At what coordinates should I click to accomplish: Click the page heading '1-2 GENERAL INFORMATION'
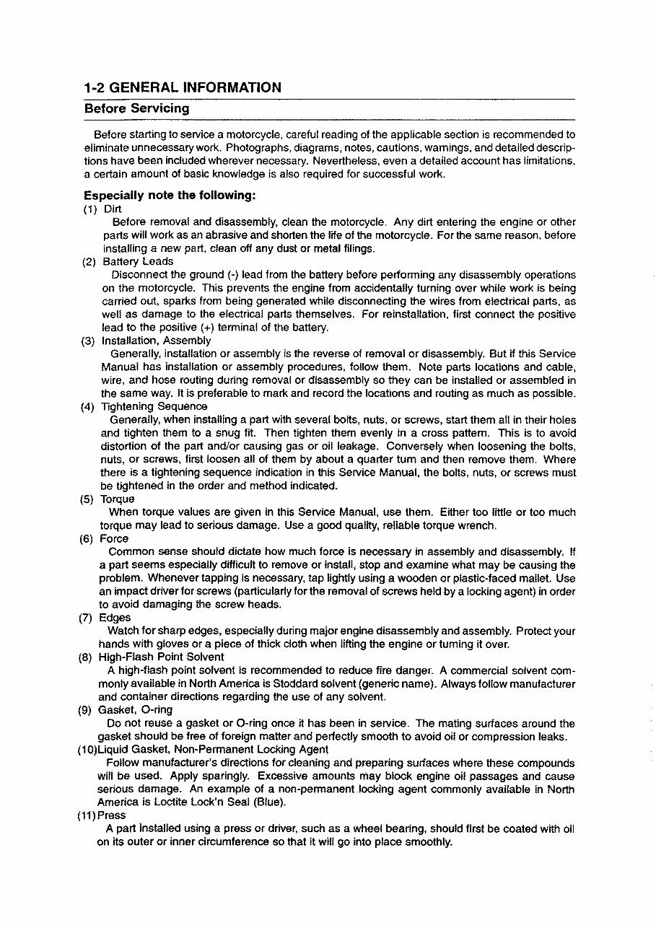(x=183, y=88)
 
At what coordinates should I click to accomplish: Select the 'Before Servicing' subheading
(x=136, y=109)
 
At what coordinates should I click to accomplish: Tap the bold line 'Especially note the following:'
(x=170, y=196)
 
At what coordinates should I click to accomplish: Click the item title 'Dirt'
(x=113, y=209)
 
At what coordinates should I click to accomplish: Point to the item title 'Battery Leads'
(x=138, y=262)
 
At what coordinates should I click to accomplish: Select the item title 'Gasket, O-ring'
(x=135, y=710)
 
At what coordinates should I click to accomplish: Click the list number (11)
(x=87, y=815)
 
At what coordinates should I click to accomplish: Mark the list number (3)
(x=89, y=341)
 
